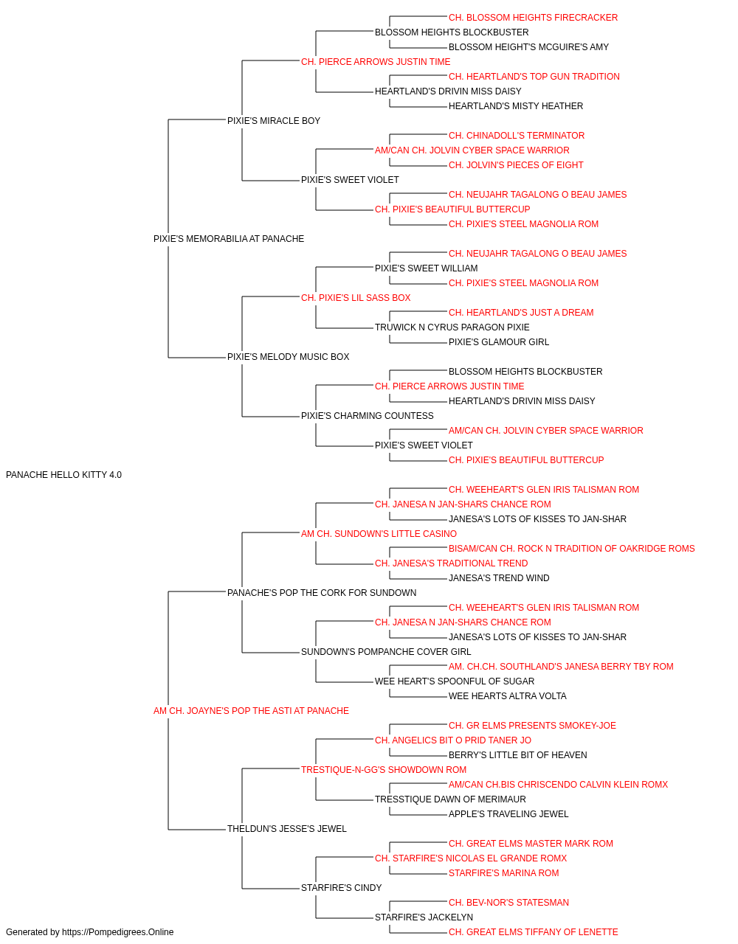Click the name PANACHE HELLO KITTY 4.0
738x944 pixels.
tap(64, 475)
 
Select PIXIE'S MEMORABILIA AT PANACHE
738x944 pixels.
tap(229, 239)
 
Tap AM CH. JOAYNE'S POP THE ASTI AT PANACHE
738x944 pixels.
tap(251, 711)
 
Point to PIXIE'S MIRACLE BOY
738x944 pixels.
tap(274, 121)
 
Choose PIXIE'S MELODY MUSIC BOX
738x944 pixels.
tap(288, 357)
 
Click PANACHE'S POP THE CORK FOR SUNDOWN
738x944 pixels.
tap(322, 592)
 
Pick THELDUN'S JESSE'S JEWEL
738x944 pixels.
tap(287, 828)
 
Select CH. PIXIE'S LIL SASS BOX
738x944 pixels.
tap(356, 297)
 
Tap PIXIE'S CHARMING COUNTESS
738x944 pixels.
tap(368, 416)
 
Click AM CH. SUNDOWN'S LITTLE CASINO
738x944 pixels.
tap(379, 533)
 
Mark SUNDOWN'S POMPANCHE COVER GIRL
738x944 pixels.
tap(386, 652)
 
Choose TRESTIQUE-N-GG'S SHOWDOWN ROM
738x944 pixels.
tap(384, 770)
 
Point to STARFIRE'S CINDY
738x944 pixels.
tap(342, 887)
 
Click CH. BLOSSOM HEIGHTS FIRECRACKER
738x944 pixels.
tap(534, 18)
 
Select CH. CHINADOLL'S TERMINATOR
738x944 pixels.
tap(517, 136)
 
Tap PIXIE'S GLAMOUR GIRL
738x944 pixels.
tap(499, 342)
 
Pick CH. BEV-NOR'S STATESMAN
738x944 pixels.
tap(509, 902)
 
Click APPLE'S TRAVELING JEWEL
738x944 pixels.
tap(508, 813)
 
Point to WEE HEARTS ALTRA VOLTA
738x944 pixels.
tap(508, 696)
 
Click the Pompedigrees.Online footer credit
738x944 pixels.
tap(89, 932)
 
